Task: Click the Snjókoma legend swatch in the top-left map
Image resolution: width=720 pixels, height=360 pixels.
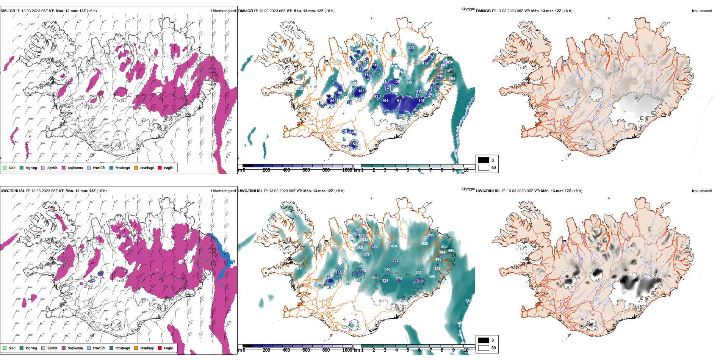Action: [x=64, y=167]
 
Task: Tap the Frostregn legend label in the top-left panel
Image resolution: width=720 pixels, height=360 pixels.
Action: [x=122, y=168]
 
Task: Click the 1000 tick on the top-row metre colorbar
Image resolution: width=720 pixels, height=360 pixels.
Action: [x=347, y=170]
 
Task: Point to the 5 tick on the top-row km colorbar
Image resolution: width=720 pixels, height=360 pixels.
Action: [x=408, y=170]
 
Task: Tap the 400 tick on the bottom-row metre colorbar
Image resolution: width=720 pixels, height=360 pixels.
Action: [x=286, y=350]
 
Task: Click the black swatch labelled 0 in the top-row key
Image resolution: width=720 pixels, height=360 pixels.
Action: [x=484, y=160]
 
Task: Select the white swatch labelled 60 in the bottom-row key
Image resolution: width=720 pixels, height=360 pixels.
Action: [x=484, y=347]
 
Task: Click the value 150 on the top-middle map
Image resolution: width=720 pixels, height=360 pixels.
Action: [x=354, y=144]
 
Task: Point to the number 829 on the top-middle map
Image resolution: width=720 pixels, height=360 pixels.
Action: [x=394, y=66]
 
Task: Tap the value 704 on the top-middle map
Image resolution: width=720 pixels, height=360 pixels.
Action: [x=452, y=79]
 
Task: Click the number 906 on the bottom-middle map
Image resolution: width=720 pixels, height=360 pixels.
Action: [x=432, y=277]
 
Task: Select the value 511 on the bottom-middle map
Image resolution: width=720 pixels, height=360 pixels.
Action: [x=300, y=269]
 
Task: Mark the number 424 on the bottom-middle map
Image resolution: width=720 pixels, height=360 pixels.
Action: [x=394, y=246]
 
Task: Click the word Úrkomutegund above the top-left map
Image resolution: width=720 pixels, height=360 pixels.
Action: [x=223, y=11]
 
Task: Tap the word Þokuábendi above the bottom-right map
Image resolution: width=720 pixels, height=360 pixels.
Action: [x=702, y=191]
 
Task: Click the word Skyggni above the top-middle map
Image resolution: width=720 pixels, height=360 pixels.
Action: [x=468, y=9]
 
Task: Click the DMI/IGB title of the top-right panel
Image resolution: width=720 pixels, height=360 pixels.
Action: [x=483, y=11]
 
